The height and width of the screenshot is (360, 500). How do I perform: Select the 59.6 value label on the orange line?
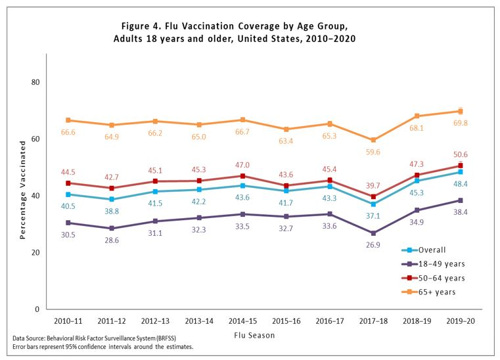[x=373, y=152]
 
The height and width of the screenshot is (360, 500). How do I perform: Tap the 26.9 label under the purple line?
[x=373, y=246]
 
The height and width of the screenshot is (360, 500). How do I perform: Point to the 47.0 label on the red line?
[x=243, y=165]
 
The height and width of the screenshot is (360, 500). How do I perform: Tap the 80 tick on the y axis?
[x=35, y=82]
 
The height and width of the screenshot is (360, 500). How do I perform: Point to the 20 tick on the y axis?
[x=35, y=252]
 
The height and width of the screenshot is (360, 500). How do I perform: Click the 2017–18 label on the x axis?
[x=373, y=322]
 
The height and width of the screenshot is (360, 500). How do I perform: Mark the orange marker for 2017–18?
[x=373, y=140]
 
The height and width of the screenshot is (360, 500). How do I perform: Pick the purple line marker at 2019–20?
[x=461, y=200]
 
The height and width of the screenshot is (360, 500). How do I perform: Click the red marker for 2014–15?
[x=242, y=176]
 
